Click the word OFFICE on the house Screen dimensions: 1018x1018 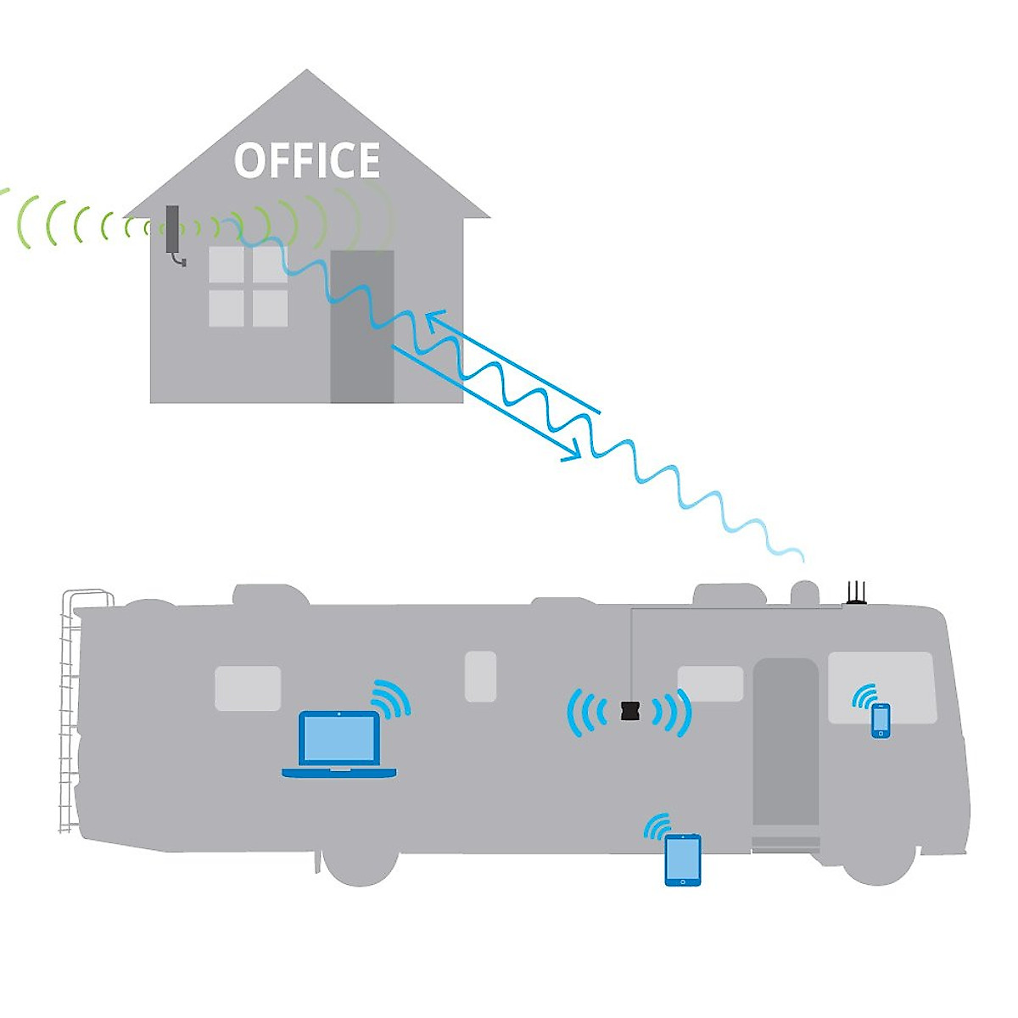(307, 161)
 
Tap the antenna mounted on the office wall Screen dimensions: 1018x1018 (173, 232)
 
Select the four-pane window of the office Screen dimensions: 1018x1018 (248, 287)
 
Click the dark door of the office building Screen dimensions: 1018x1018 (362, 327)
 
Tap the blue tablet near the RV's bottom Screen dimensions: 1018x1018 (683, 860)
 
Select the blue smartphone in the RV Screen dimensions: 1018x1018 (881, 720)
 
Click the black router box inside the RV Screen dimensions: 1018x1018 (629, 711)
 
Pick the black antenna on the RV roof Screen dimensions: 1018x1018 (856, 593)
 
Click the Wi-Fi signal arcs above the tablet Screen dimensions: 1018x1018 (658, 825)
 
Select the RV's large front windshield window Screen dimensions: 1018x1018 (881, 685)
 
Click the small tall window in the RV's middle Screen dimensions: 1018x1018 (480, 676)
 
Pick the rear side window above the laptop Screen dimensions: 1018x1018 (248, 688)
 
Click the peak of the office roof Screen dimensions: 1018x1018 (307, 73)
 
